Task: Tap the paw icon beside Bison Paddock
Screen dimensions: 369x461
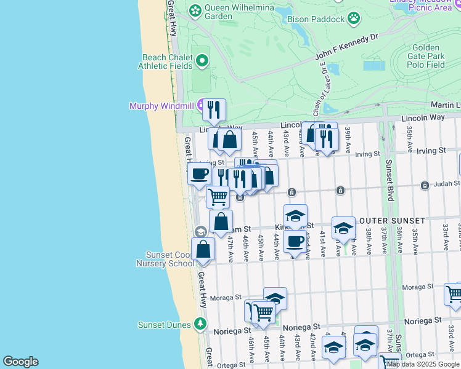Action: click(353, 18)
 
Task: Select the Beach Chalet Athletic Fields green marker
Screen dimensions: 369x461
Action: click(202, 60)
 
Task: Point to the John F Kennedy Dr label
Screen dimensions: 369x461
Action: click(346, 47)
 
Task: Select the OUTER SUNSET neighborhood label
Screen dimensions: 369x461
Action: click(392, 221)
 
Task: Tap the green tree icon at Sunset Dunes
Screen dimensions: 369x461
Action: click(200, 323)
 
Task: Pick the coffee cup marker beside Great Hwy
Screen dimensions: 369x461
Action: click(199, 174)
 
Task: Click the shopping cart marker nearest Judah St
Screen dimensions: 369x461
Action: click(218, 197)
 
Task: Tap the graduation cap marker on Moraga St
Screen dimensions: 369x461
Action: click(275, 298)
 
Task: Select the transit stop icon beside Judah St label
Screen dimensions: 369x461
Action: click(424, 185)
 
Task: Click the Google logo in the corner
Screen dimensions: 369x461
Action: click(20, 362)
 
